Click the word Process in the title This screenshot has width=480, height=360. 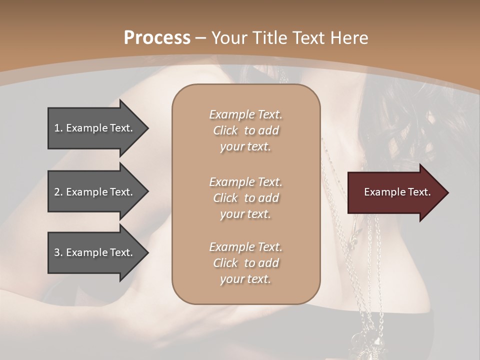pyautogui.click(x=157, y=38)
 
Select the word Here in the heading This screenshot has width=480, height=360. pyautogui.click(x=349, y=38)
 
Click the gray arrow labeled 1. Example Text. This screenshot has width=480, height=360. pyautogui.click(x=95, y=128)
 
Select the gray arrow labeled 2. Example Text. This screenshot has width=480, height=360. pyautogui.click(x=95, y=192)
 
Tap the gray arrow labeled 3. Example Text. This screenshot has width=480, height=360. pyautogui.click(x=95, y=252)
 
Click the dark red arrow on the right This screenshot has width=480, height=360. pyautogui.click(x=395, y=192)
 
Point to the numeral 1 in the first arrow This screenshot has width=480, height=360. pyautogui.click(x=57, y=128)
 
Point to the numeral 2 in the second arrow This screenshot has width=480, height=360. pyautogui.click(x=57, y=192)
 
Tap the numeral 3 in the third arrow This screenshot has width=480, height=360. pyautogui.click(x=57, y=252)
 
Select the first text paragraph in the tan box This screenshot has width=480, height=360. pyautogui.click(x=245, y=130)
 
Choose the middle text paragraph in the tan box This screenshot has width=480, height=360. pyautogui.click(x=245, y=198)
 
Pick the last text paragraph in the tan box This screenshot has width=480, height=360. pyautogui.click(x=245, y=263)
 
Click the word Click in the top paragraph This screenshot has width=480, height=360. pyautogui.click(x=225, y=130)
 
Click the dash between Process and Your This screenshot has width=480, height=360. pyautogui.click(x=200, y=38)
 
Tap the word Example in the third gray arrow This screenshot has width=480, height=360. pyautogui.click(x=87, y=252)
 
